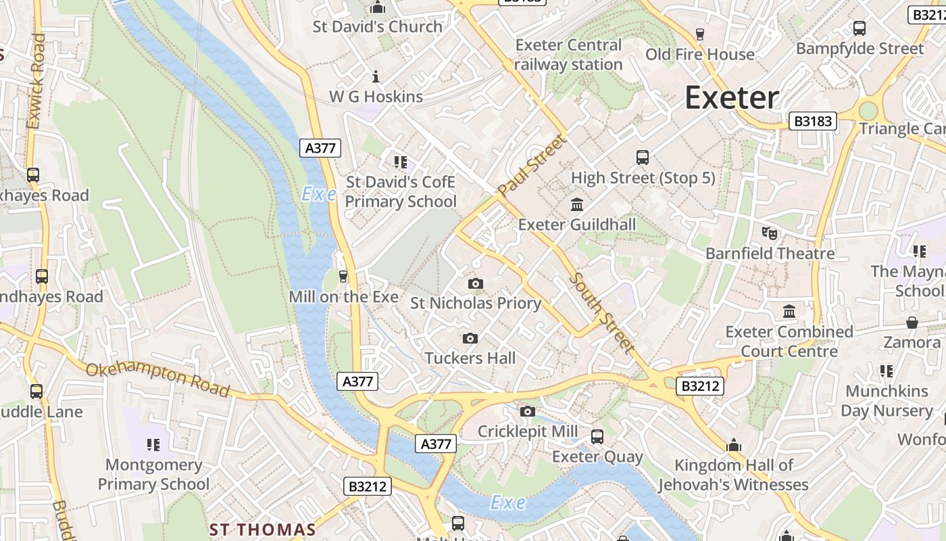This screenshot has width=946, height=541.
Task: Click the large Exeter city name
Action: click(x=732, y=97)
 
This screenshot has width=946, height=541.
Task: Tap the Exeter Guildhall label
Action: click(x=576, y=224)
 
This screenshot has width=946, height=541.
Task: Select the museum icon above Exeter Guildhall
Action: click(x=577, y=204)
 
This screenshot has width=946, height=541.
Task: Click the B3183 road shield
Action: click(x=813, y=121)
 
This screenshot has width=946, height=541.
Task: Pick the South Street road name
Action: click(x=601, y=312)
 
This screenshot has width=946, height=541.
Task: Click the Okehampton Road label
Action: click(x=157, y=379)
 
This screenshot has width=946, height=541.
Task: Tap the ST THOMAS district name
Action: click(x=262, y=529)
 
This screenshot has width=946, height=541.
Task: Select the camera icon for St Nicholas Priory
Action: click(x=476, y=284)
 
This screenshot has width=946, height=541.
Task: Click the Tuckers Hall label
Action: click(x=470, y=358)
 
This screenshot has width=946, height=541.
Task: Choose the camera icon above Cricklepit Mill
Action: click(x=528, y=411)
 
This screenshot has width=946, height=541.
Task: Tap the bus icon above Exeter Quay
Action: click(x=597, y=437)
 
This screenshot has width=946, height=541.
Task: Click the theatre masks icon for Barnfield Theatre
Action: click(x=770, y=233)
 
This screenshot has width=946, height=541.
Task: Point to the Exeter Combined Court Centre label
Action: click(x=789, y=342)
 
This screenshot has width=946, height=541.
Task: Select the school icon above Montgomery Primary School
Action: click(x=153, y=444)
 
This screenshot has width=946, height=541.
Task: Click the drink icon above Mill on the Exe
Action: click(x=343, y=276)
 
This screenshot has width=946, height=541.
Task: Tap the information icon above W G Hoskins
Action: click(x=376, y=76)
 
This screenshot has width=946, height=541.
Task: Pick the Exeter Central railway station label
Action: click(x=568, y=55)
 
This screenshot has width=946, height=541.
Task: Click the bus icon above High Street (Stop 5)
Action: click(x=643, y=158)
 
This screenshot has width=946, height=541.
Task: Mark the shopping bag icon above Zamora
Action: click(x=912, y=323)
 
